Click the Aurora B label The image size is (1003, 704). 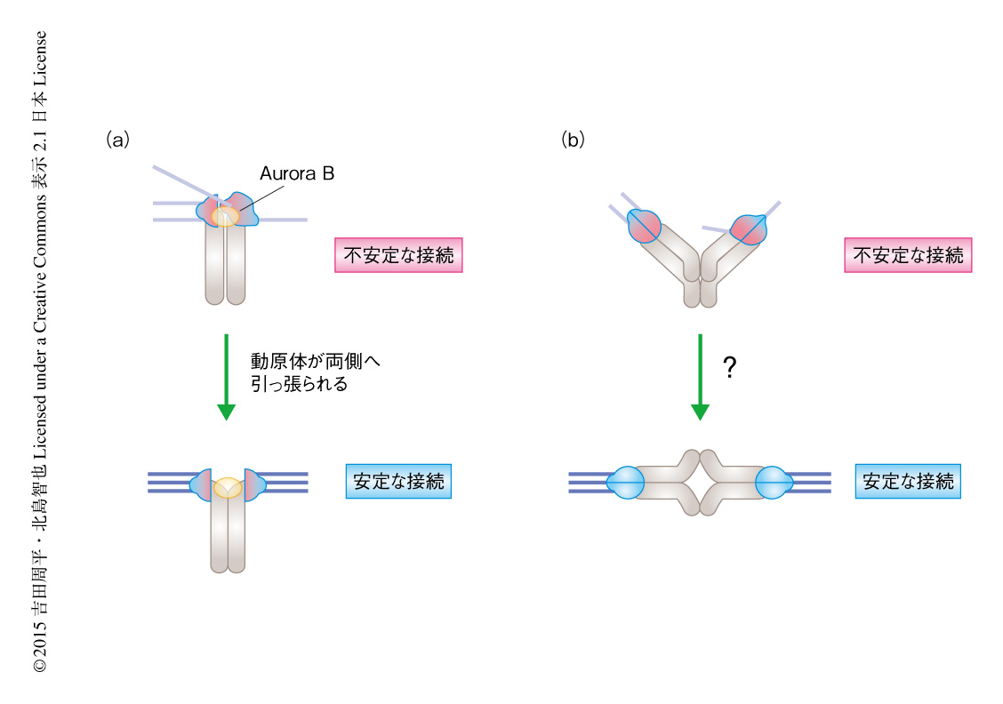click(297, 175)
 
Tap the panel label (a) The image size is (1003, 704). click(117, 140)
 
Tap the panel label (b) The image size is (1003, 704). click(573, 140)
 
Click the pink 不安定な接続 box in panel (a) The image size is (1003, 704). click(398, 255)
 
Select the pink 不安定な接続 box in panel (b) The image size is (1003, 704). click(908, 255)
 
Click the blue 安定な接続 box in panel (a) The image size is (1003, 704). click(398, 481)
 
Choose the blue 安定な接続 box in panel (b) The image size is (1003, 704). click(908, 481)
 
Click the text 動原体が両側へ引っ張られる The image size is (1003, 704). click(317, 374)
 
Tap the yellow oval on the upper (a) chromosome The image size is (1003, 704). click(227, 216)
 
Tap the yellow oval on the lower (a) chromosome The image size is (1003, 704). click(228, 486)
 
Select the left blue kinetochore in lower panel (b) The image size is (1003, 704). click(625, 483)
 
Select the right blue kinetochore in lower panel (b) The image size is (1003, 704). click(774, 483)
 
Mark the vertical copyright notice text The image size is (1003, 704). click(40, 351)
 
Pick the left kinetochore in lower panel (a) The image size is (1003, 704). click(203, 483)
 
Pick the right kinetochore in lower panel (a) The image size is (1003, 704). click(253, 483)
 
